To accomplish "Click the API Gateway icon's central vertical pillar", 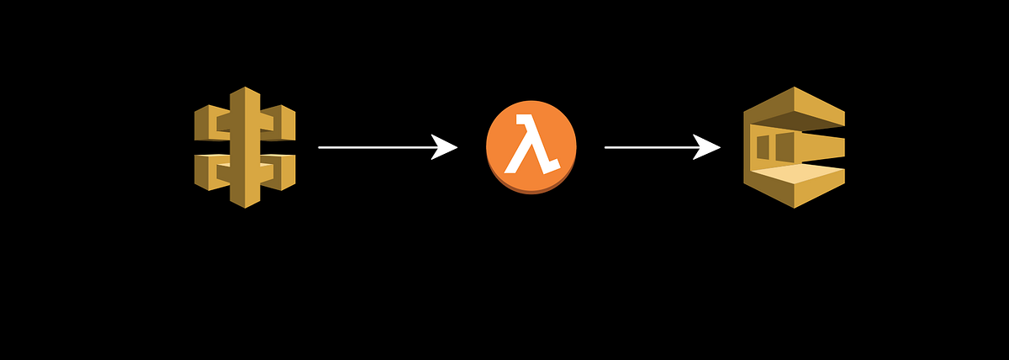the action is click(x=244, y=147).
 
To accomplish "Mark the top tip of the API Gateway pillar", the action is click(x=244, y=89).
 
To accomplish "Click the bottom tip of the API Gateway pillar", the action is click(x=244, y=204).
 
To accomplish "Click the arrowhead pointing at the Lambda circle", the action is click(x=446, y=147).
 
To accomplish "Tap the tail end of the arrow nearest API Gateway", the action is click(x=320, y=147).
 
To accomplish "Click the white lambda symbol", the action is click(x=530, y=146).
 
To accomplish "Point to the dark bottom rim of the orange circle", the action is click(x=531, y=191).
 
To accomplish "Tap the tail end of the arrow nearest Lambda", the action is click(x=607, y=147).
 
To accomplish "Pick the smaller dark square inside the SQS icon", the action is click(x=763, y=147).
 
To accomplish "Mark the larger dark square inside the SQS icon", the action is click(x=784, y=147).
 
